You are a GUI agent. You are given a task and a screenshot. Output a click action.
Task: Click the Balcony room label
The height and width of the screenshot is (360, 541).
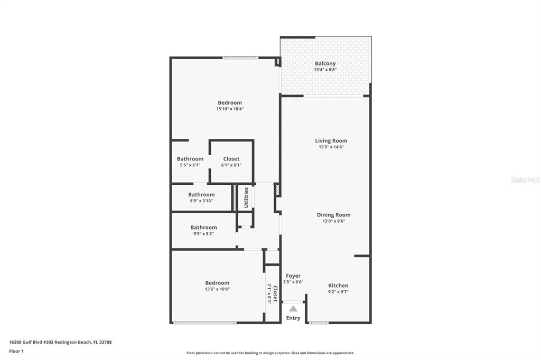coord(325,63)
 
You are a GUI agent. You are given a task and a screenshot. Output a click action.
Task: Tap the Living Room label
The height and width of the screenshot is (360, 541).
coord(331,141)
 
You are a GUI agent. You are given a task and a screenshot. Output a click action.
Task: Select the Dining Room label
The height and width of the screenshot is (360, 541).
coord(334,215)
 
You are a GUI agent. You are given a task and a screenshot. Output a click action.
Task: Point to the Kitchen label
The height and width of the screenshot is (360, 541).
coord(338,286)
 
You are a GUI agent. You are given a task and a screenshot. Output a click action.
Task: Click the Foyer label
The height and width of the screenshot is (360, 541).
coord(293,276)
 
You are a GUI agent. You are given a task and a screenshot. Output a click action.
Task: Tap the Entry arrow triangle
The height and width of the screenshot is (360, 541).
coord(293,308)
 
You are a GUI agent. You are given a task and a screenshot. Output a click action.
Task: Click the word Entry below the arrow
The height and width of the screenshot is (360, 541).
coord(293,318)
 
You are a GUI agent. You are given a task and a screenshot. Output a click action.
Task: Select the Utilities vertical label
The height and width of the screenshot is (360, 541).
coord(246,197)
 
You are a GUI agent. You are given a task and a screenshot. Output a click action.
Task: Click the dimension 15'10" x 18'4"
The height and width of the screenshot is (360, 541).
coord(230,109)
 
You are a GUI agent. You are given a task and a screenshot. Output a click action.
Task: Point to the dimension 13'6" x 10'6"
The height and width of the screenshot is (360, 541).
coord(217,289)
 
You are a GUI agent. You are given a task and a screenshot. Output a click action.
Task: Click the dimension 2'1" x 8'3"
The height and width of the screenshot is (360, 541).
coord(269,293)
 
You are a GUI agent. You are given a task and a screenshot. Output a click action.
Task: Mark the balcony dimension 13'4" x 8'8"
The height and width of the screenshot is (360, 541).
coord(325,70)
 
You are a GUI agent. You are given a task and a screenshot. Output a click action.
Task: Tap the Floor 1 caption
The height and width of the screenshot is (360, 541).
coord(16,352)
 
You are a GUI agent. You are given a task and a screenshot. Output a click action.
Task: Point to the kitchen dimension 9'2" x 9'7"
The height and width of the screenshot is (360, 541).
coord(338,292)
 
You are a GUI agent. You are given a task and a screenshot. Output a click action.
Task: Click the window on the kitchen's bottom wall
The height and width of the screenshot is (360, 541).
coord(319,323)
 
